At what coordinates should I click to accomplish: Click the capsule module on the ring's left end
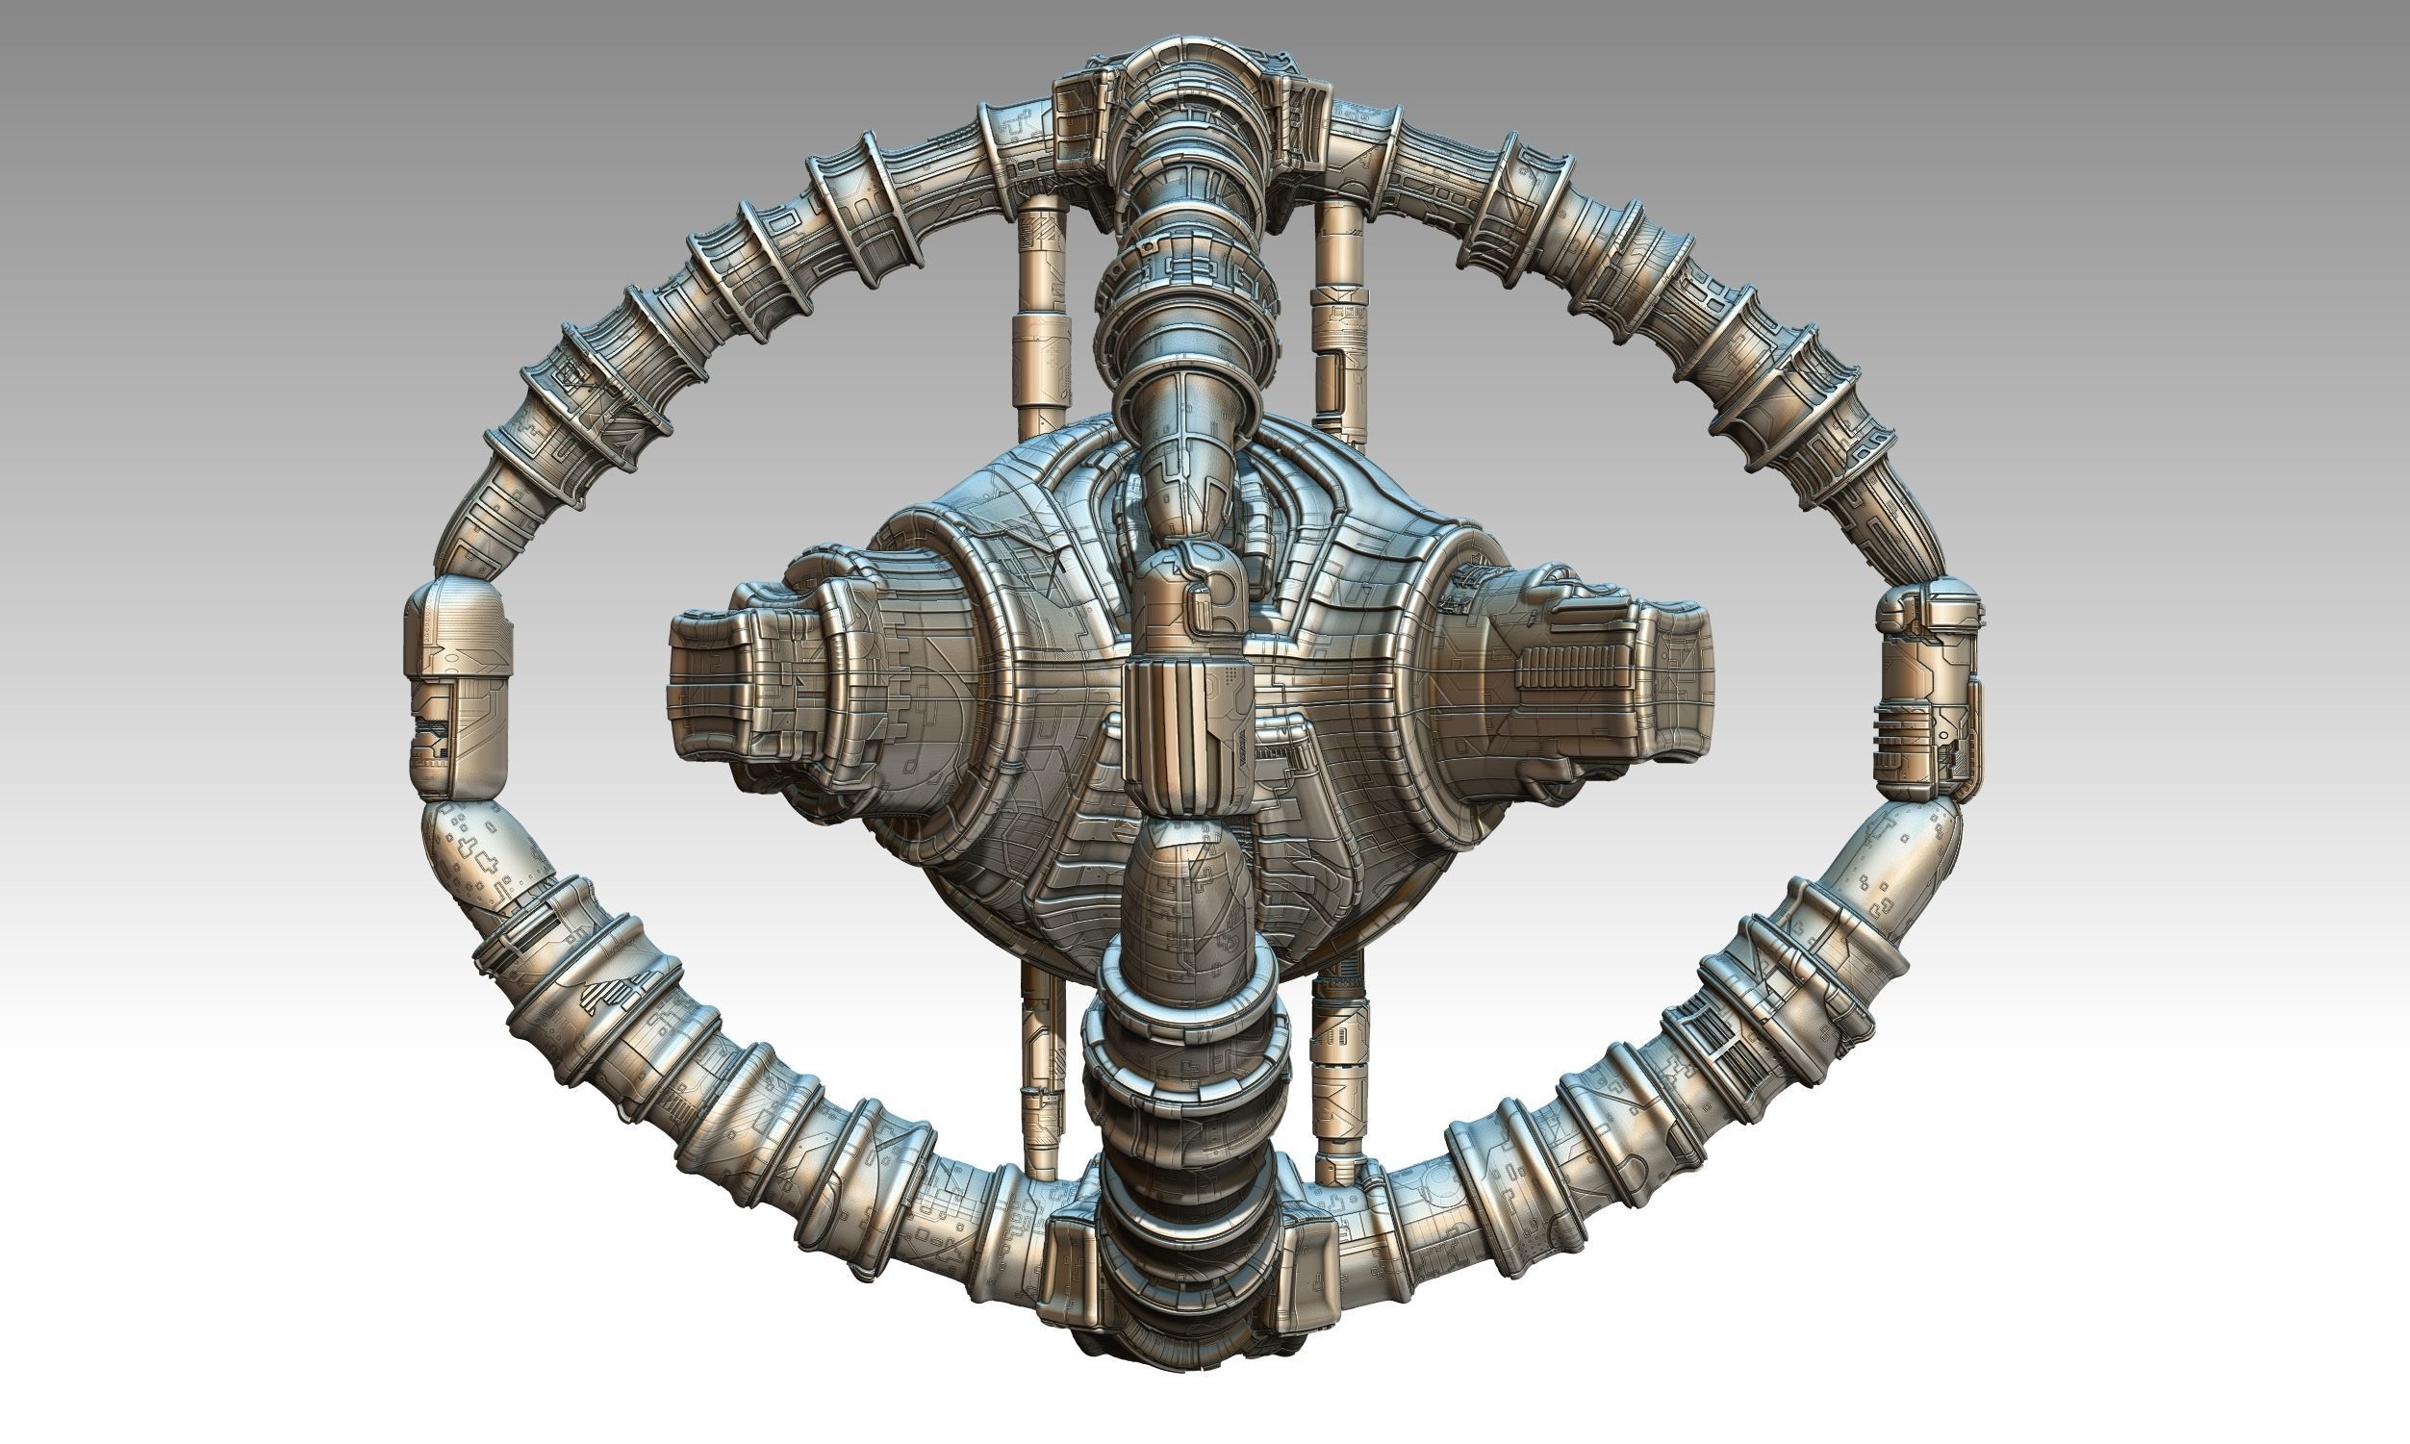(x=457, y=687)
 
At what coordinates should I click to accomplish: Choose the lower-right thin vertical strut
(x=1339, y=1071)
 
